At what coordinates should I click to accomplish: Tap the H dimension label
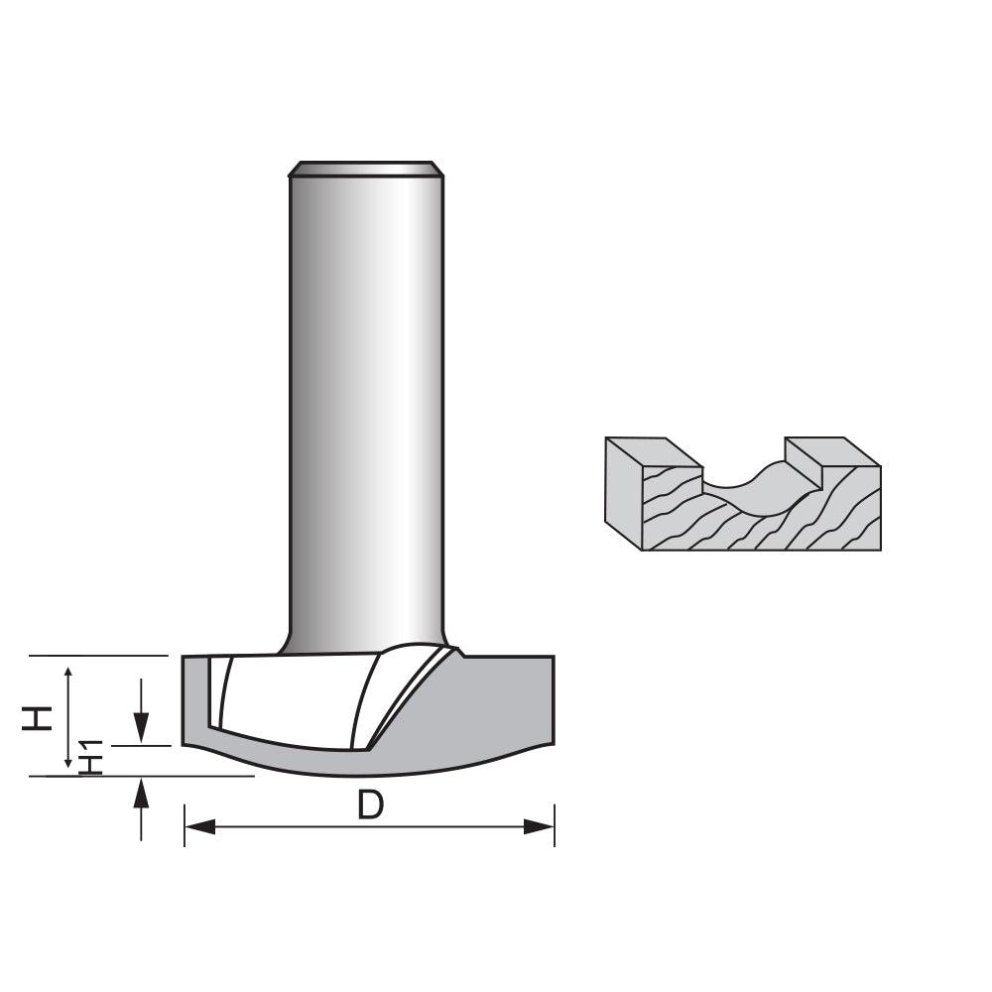pyautogui.click(x=38, y=716)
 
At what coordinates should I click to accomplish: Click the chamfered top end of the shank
pyautogui.click(x=365, y=169)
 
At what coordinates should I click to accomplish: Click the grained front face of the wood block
pyautogui.click(x=754, y=526)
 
